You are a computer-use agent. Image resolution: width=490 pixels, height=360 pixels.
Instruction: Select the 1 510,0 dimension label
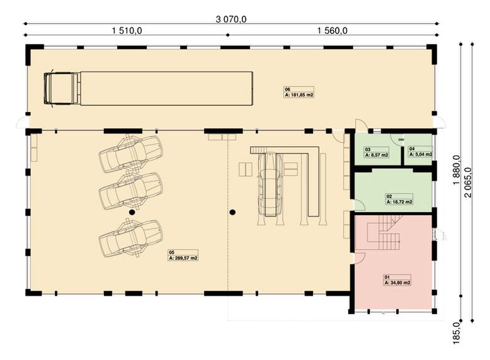point(127,30)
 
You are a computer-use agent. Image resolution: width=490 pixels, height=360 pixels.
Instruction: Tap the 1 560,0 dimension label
point(333,30)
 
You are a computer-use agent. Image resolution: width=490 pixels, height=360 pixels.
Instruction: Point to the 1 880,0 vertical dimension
point(455,171)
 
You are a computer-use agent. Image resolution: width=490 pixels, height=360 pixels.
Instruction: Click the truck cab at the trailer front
point(61,88)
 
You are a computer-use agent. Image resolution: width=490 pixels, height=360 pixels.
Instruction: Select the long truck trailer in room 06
point(166,88)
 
